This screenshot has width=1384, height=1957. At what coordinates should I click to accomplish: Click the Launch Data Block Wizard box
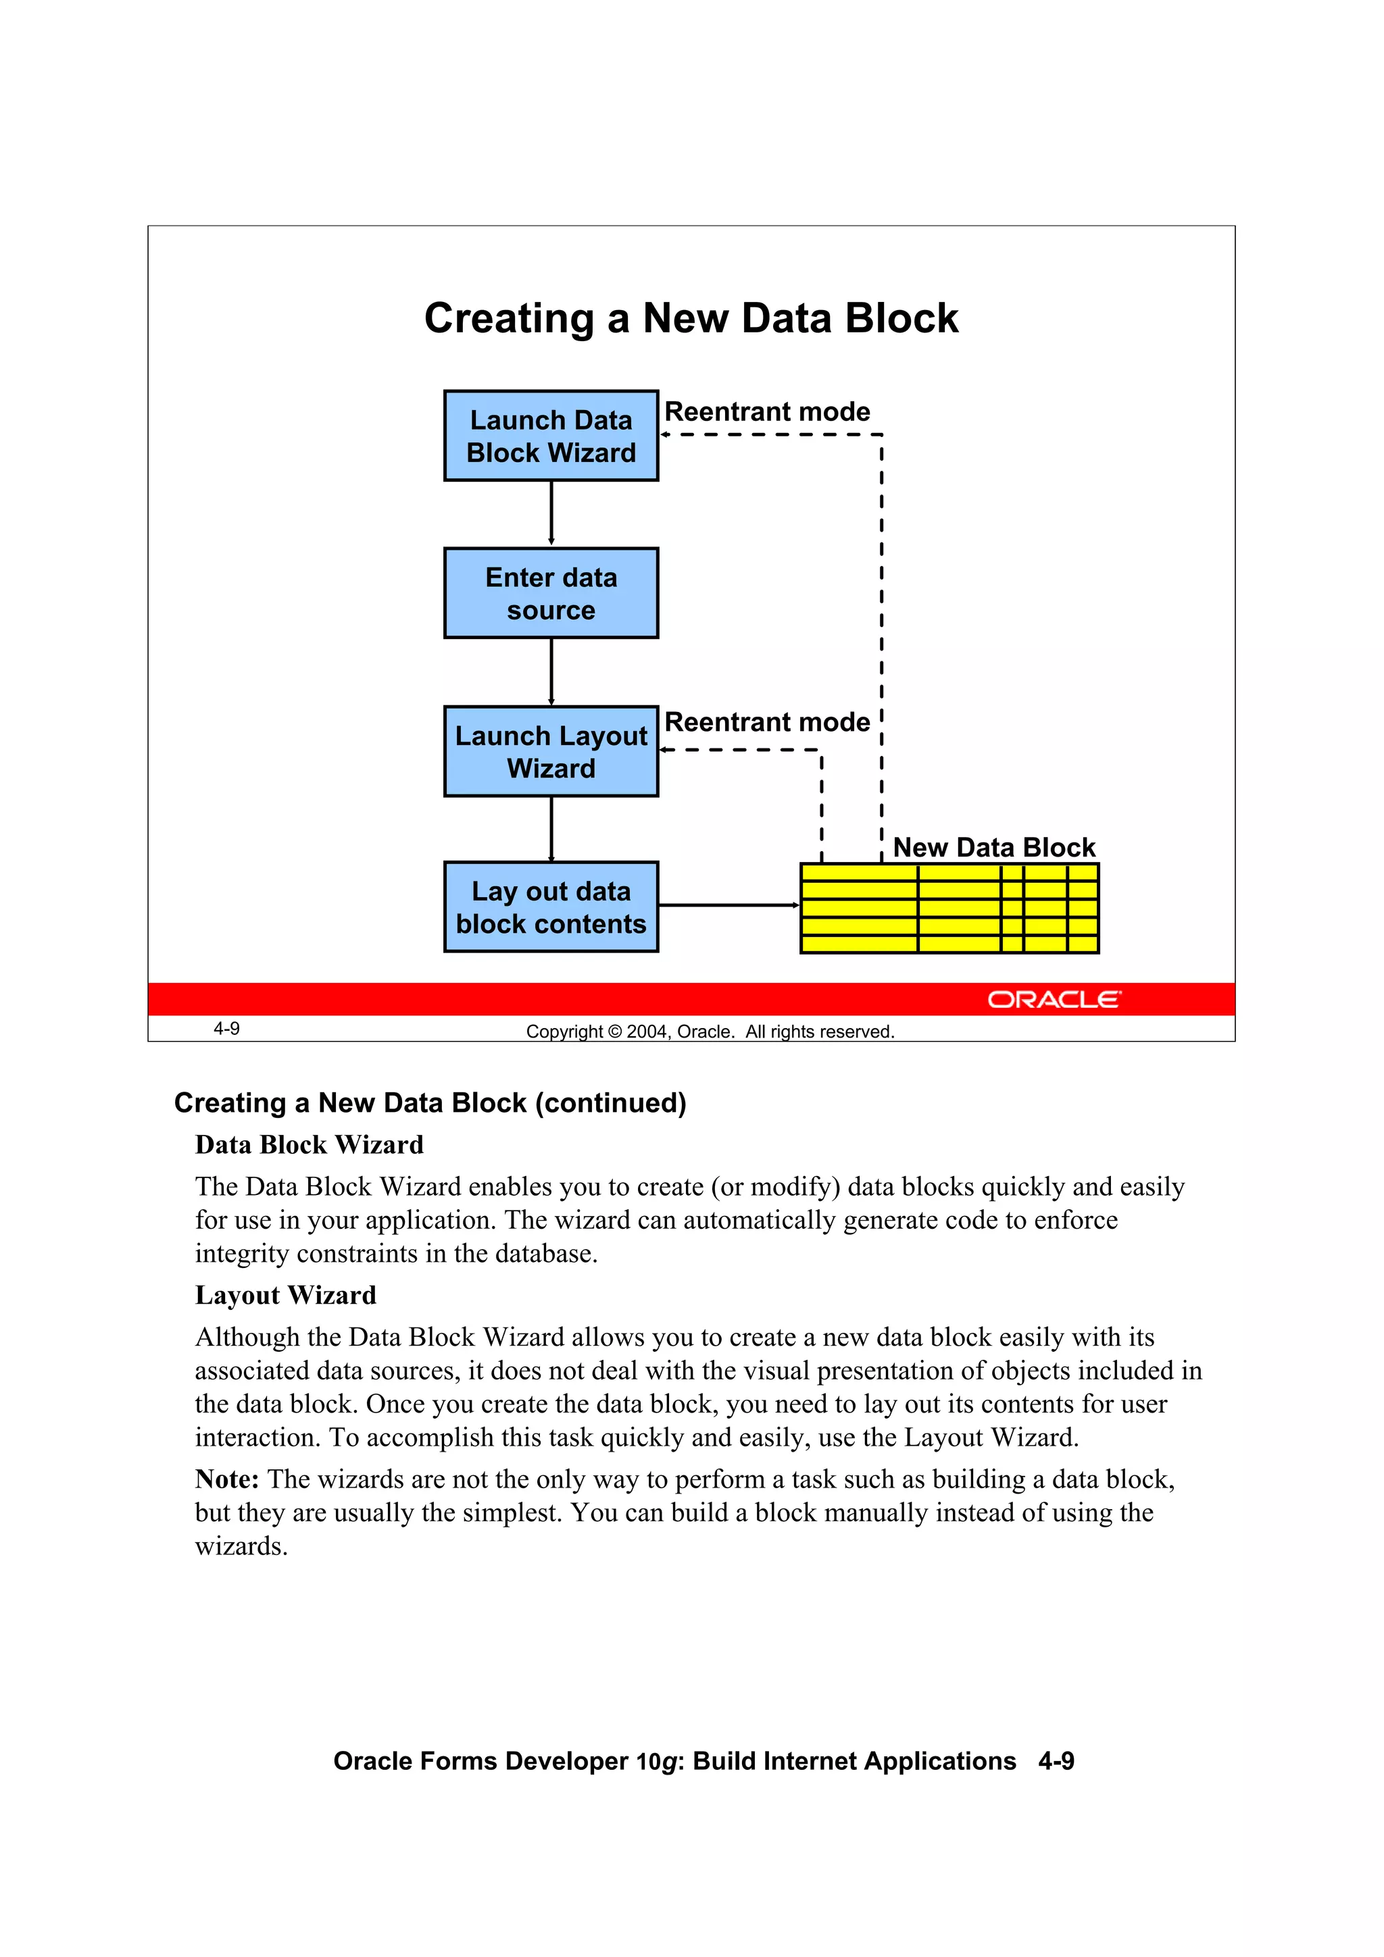[x=551, y=436]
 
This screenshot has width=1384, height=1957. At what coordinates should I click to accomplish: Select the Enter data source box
[x=551, y=593]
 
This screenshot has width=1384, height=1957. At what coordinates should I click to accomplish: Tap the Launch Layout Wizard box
[x=551, y=751]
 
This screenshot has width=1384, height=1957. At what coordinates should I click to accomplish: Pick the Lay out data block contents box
[x=551, y=907]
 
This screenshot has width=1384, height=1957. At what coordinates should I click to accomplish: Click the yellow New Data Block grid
[x=949, y=908]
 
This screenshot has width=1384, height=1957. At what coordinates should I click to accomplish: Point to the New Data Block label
[x=993, y=847]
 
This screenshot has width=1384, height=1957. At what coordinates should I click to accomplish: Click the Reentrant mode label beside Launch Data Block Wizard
[x=766, y=411]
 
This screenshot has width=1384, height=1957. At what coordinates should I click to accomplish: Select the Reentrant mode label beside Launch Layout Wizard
[x=766, y=722]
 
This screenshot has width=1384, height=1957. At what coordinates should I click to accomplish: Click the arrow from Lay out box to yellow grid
[x=728, y=905]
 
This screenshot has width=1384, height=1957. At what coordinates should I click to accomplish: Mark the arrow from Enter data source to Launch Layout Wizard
[x=551, y=671]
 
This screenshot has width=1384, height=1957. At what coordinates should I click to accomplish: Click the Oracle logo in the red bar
[x=1054, y=999]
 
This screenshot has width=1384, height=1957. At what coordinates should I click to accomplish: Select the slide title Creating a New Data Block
[x=691, y=318]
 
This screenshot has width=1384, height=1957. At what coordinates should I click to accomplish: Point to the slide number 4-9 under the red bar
[x=227, y=1029]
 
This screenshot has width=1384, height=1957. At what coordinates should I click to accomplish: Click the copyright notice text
[x=710, y=1032]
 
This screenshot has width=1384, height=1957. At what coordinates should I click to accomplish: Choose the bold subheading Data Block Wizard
[x=309, y=1145]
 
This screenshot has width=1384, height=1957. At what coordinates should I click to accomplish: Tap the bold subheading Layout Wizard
[x=286, y=1296]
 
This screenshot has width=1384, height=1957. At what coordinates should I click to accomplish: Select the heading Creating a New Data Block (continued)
[x=430, y=1103]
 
